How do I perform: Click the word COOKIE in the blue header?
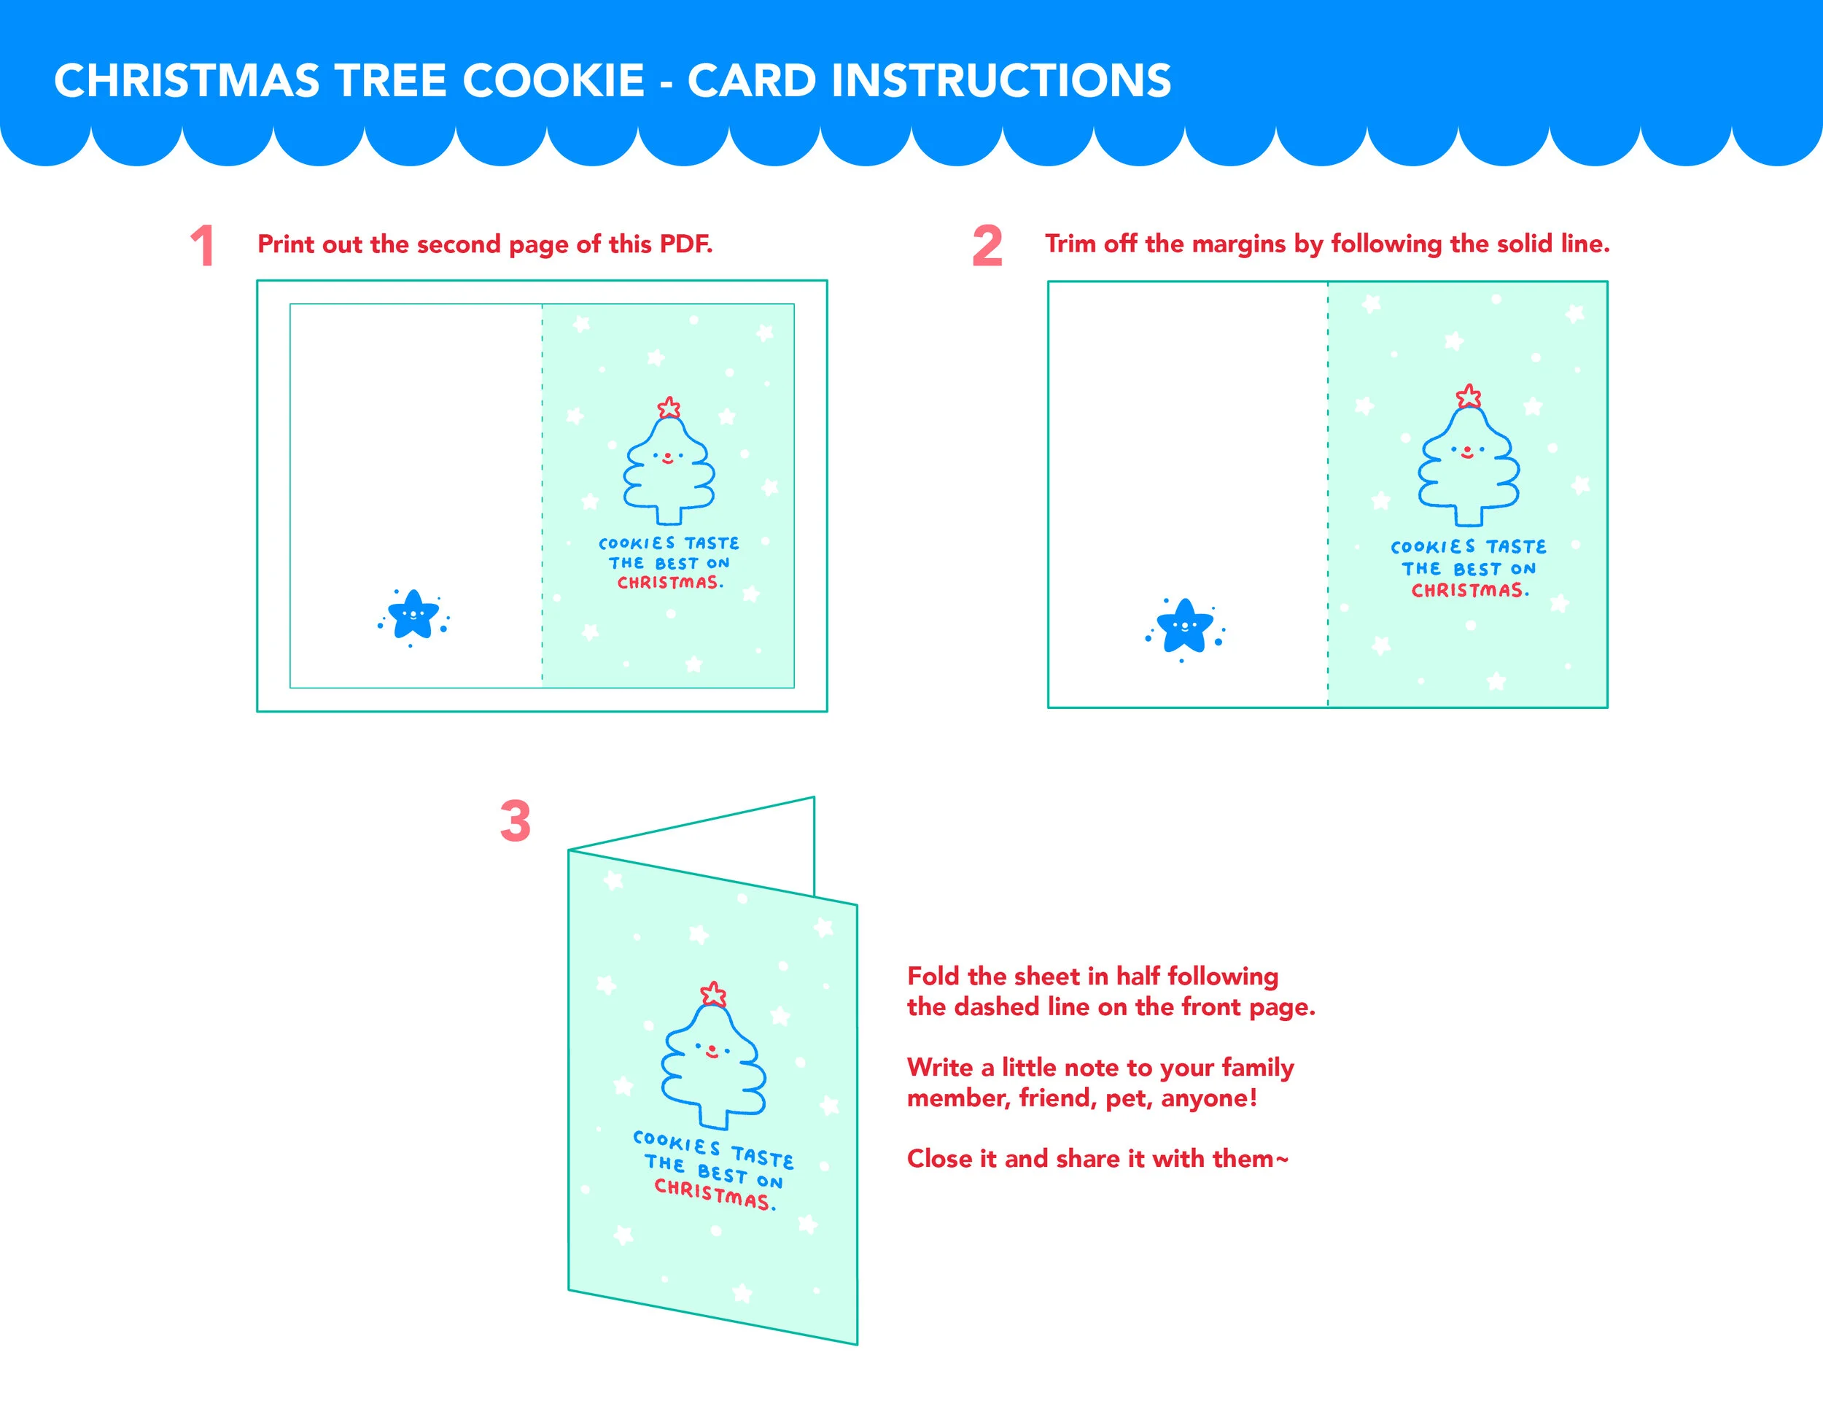pos(553,81)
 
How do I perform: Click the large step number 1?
pos(203,247)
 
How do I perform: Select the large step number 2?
pos(987,247)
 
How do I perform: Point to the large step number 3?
pos(515,820)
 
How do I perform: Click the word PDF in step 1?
pos(686,244)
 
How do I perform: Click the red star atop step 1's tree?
pos(669,408)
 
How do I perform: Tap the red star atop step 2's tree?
pos(1469,396)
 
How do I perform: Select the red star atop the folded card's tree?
pos(713,993)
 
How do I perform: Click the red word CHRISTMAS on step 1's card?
pos(668,583)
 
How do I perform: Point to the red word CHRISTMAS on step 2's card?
pos(1467,590)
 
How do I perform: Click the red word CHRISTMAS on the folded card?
pos(712,1194)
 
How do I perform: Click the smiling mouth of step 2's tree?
pos(1467,454)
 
